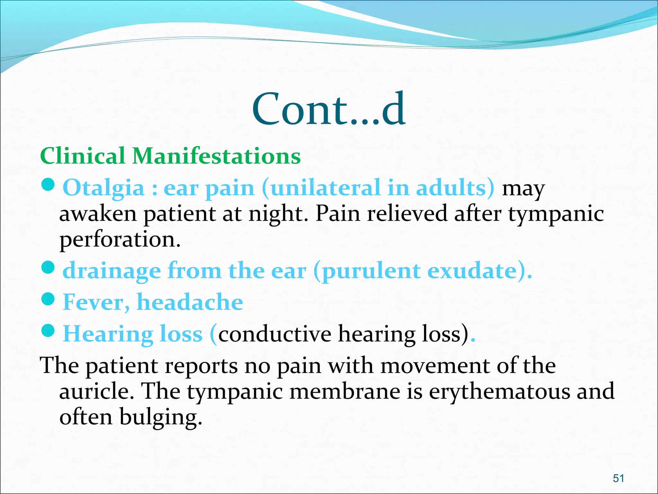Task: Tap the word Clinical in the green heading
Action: click(x=83, y=156)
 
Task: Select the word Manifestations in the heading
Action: click(x=217, y=156)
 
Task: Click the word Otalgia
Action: click(x=103, y=188)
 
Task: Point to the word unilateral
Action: click(x=325, y=188)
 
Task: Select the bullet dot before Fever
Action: click(x=48, y=299)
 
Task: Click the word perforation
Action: click(x=120, y=240)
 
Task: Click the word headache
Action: click(x=190, y=302)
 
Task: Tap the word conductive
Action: click(x=275, y=334)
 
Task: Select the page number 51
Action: click(x=618, y=478)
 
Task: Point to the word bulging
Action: click(x=161, y=417)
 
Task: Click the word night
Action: click(x=278, y=214)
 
